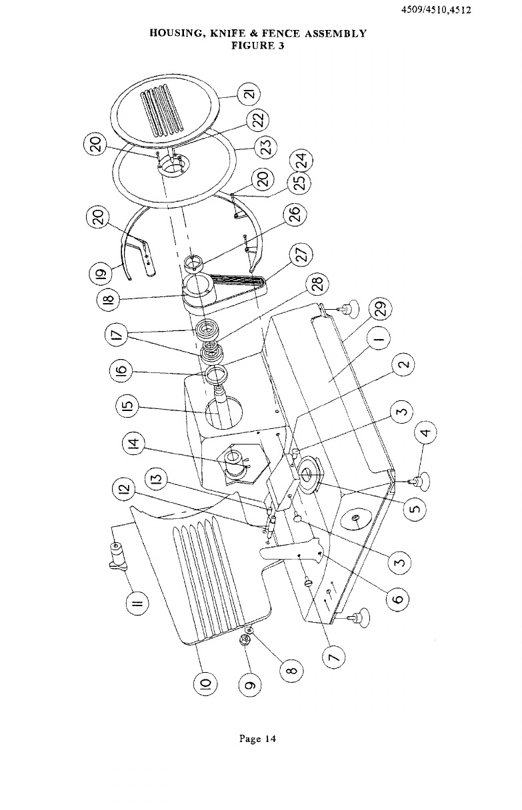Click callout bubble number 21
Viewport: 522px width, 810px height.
(x=249, y=94)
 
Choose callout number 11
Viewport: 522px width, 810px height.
(x=138, y=602)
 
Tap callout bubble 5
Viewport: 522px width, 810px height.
(x=415, y=508)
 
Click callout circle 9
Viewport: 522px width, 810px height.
(x=251, y=685)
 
